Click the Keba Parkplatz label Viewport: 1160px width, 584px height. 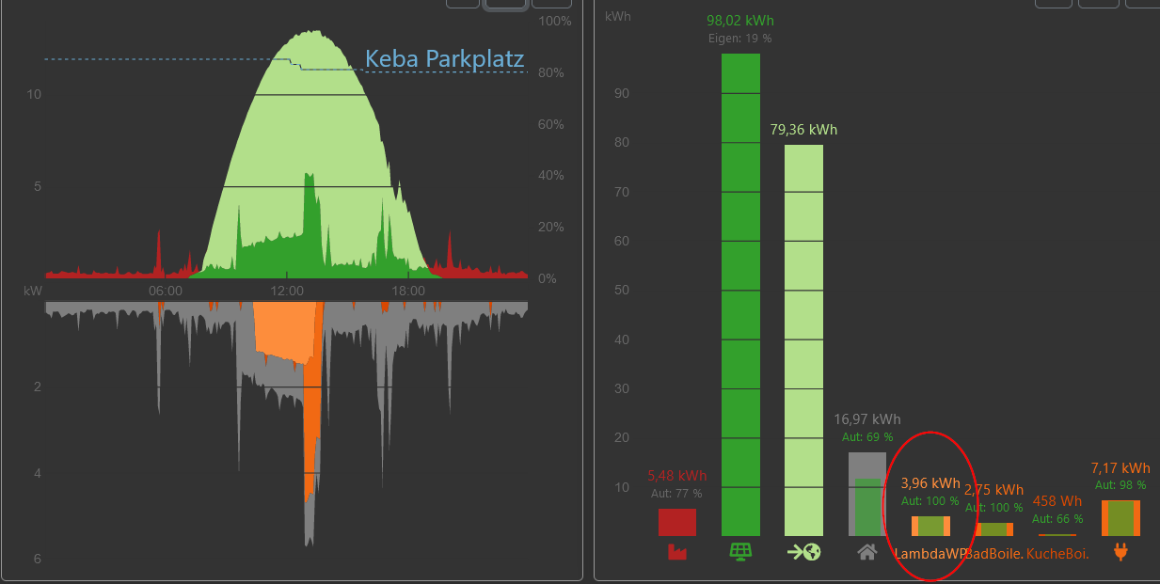[x=444, y=59]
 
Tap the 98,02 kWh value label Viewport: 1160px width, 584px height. [x=740, y=21]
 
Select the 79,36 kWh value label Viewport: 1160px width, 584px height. [x=803, y=130]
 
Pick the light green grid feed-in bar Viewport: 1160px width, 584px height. [x=803, y=339]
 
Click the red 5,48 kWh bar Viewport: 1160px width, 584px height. [x=676, y=522]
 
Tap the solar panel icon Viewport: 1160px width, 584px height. [x=740, y=552]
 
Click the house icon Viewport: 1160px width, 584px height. [x=867, y=552]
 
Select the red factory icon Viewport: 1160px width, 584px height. [x=676, y=552]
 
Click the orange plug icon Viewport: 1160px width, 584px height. [x=1120, y=552]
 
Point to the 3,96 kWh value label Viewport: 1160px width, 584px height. [x=930, y=483]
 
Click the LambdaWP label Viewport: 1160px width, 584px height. [x=930, y=554]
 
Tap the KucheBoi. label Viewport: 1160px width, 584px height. [x=1057, y=554]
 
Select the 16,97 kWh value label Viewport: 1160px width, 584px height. [x=866, y=419]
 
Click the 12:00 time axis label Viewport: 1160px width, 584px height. [x=287, y=292]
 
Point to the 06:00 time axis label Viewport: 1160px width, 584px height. [x=166, y=292]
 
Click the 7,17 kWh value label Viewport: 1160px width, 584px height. [x=1120, y=468]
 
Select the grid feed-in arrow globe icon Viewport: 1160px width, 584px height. [x=803, y=552]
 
